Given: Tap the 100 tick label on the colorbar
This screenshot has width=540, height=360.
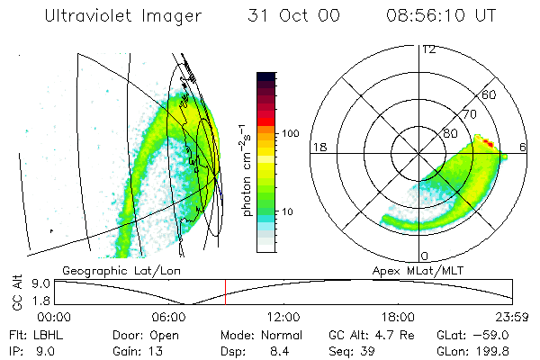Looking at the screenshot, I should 291,133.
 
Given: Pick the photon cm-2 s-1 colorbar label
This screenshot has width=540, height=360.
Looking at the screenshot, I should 246,171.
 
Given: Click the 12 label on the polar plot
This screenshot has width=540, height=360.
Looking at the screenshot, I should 428,49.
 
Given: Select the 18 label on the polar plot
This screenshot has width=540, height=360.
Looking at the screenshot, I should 318,147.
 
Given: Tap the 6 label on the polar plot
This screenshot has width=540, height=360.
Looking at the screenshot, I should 524,147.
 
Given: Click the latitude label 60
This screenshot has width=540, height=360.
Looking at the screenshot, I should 490,94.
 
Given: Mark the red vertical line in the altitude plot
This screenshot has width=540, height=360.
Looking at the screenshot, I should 225,292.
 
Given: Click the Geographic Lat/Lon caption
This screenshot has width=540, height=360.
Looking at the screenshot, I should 112,270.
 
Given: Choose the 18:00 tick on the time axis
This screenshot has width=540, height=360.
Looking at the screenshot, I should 399,317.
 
